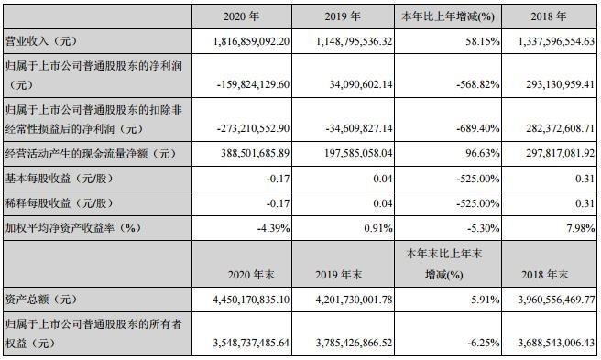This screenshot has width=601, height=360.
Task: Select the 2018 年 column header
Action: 550,16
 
